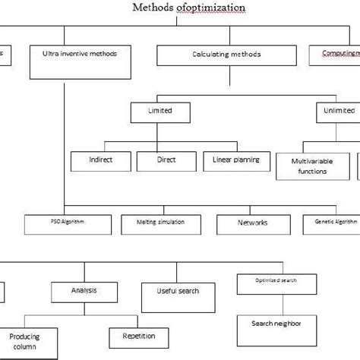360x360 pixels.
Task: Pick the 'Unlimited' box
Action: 336,112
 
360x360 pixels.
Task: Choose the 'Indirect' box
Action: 100,161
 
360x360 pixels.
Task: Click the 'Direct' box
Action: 166,161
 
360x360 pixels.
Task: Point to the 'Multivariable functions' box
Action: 311,166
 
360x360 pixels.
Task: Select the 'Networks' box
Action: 253,223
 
